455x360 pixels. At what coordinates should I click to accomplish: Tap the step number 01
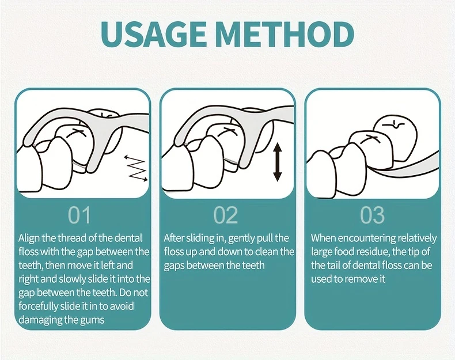[79, 215]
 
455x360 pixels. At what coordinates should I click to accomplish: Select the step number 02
[226, 215]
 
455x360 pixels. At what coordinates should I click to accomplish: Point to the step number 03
[372, 215]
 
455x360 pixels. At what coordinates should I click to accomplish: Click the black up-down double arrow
[278, 163]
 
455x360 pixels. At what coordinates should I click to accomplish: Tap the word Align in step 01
[29, 238]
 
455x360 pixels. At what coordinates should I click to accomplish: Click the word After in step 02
[173, 238]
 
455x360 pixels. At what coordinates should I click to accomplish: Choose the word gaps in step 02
[174, 266]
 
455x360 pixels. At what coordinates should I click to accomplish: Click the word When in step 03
[323, 238]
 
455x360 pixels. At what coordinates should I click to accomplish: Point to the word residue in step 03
[373, 252]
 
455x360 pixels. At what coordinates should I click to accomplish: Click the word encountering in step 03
[367, 239]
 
